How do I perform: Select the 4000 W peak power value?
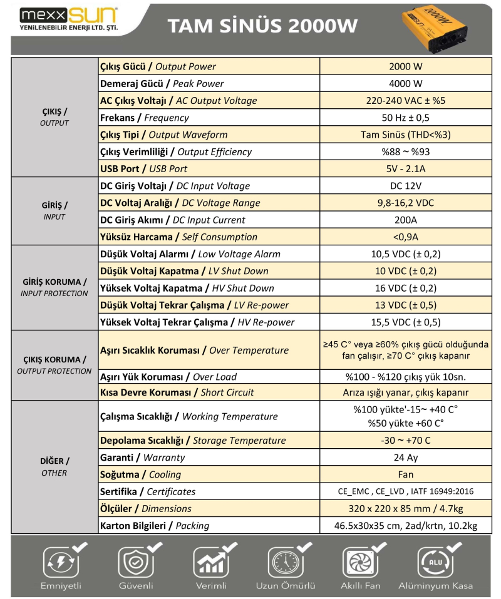click(405, 84)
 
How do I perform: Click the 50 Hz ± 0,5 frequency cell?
click(405, 118)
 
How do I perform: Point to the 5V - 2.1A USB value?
click(405, 168)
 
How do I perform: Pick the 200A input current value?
click(405, 220)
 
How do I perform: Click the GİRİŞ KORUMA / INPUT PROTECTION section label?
click(54, 287)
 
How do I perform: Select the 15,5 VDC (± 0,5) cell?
click(405, 322)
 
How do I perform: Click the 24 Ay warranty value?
click(405, 458)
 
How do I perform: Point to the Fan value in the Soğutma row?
click(405, 474)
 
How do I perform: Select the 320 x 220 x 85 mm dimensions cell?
click(405, 508)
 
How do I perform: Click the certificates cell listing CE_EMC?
click(405, 491)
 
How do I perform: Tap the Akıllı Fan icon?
click(360, 561)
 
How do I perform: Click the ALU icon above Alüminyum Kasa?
click(435, 561)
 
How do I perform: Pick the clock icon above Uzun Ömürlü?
click(285, 561)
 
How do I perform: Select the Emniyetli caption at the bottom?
click(61, 586)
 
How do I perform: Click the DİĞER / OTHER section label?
click(54, 466)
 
